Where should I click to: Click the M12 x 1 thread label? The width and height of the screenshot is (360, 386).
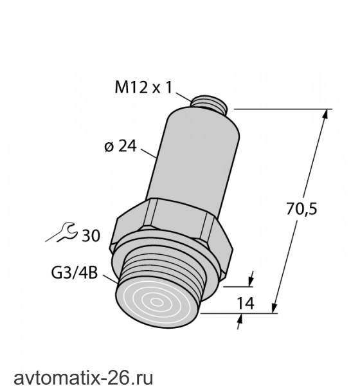(143, 87)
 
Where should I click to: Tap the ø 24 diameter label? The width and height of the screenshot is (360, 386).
(120, 147)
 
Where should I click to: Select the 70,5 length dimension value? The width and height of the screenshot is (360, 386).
(301, 209)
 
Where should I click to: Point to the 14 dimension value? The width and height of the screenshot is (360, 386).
(245, 303)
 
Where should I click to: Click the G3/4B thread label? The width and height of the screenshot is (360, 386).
(75, 273)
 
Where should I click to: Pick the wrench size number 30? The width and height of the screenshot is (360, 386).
(91, 235)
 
